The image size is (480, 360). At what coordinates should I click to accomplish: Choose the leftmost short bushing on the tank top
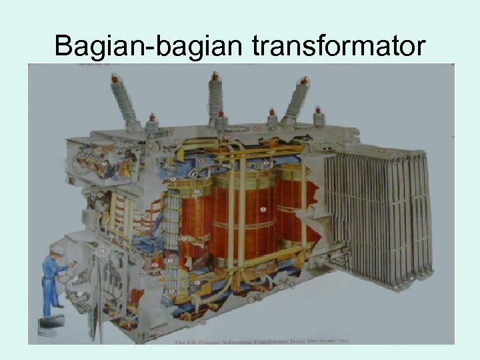tap(152, 124)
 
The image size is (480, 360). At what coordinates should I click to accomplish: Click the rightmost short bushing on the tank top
tap(318, 117)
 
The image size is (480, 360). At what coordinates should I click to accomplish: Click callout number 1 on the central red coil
tap(263, 211)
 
